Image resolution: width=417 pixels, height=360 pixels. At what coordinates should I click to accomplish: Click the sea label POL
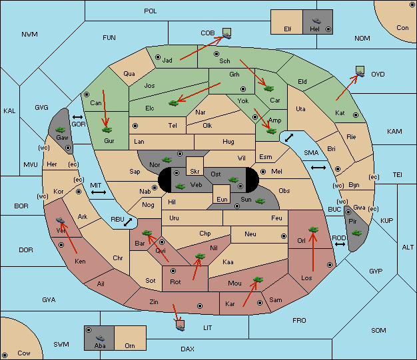[x=151, y=11]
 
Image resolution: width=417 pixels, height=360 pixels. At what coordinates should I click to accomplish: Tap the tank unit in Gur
[x=107, y=130]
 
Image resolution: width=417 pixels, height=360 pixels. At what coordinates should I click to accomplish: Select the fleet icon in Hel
[x=316, y=21]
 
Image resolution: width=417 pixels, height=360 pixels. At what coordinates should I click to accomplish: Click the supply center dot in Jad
[x=158, y=57]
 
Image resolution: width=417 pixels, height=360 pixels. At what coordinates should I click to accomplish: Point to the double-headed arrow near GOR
[x=78, y=117]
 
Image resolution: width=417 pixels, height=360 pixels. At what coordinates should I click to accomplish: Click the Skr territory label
[x=195, y=172]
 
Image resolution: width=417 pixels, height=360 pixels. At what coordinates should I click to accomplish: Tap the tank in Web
[x=180, y=186]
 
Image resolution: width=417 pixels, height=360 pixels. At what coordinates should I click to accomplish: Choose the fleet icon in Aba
[x=100, y=338]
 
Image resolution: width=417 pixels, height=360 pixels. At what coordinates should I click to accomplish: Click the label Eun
[x=222, y=199]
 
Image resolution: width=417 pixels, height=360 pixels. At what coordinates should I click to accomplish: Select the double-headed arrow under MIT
[x=99, y=192]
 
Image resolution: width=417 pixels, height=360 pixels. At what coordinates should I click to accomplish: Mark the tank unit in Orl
[x=313, y=230]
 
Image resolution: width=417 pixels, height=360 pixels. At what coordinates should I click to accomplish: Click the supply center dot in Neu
[x=284, y=236]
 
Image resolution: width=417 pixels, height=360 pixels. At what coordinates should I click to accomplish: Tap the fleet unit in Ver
[x=61, y=220]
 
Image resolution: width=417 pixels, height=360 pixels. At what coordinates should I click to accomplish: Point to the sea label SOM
[x=378, y=331]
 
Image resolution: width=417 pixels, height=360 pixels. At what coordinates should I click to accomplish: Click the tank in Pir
[x=356, y=233]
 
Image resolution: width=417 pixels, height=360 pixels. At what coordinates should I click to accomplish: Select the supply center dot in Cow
[x=5, y=355]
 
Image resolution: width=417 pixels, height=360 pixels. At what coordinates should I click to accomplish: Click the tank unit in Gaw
[x=61, y=130]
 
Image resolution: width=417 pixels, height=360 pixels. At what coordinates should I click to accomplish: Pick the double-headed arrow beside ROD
[x=340, y=244]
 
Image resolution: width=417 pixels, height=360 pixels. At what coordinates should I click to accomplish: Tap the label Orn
[x=130, y=345]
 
